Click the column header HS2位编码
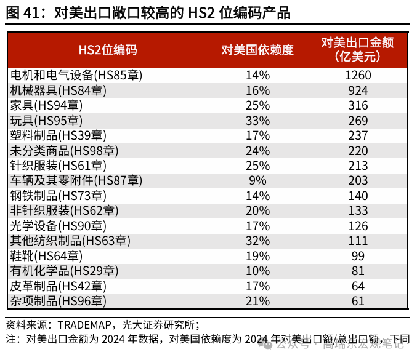[x=108, y=50]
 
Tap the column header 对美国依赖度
[x=257, y=50]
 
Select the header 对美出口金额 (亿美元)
[x=357, y=50]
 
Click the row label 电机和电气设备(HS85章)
[x=76, y=75]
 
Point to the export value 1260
[x=357, y=75]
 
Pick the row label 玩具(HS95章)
[x=46, y=120]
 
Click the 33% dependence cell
[x=257, y=120]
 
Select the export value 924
[x=357, y=90]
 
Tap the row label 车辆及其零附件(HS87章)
[x=76, y=180]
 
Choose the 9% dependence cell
[x=257, y=180]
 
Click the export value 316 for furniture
[x=357, y=105]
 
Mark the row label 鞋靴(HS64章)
[x=46, y=255]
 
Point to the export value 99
[x=357, y=255]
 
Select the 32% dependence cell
[x=257, y=241]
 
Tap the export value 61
[x=357, y=301]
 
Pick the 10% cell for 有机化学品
[x=257, y=271]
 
